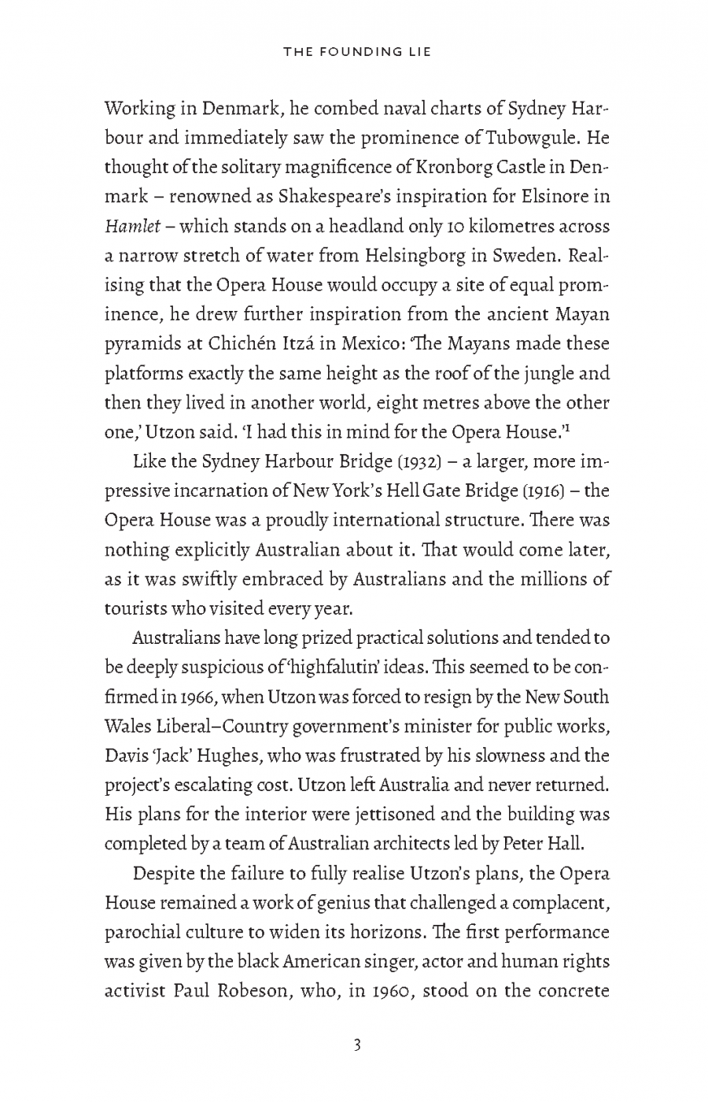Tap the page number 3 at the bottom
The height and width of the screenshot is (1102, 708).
[356, 1046]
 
